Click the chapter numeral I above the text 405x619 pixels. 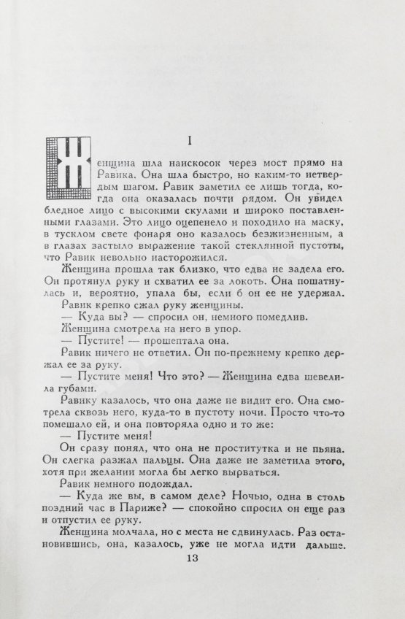click(x=209, y=139)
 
